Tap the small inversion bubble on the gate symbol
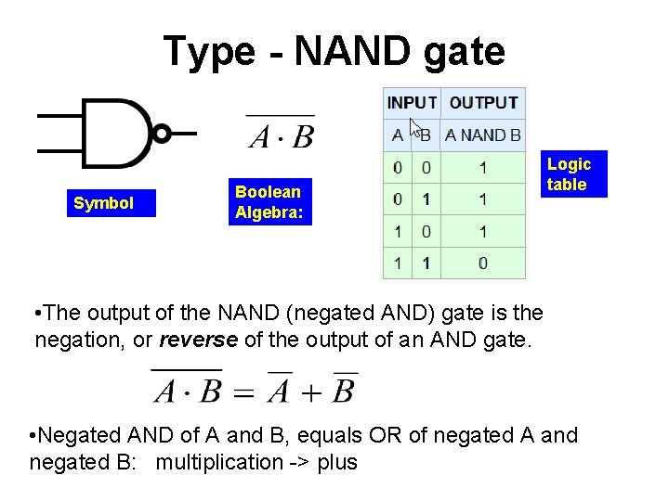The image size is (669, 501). (162, 134)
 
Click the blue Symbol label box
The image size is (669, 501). (104, 203)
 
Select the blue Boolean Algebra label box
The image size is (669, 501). (269, 201)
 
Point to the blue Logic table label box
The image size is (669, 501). (570, 174)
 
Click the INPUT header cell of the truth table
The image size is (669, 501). (412, 102)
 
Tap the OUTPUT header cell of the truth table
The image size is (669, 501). (483, 102)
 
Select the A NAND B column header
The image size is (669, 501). (483, 135)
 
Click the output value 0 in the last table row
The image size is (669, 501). (483, 263)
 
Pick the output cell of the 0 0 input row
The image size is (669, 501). (483, 168)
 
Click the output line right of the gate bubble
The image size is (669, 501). (184, 134)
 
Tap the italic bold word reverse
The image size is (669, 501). (199, 340)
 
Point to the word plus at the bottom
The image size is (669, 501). (337, 462)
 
